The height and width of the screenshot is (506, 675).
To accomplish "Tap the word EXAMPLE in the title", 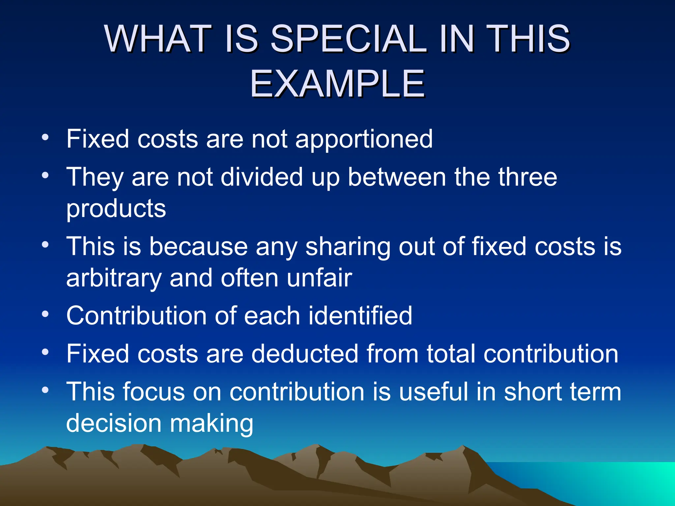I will click(337, 84).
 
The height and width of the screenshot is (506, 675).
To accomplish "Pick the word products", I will click(116, 208).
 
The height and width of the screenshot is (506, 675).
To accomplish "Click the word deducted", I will click(305, 354).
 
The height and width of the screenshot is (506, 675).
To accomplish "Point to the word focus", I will click(154, 392).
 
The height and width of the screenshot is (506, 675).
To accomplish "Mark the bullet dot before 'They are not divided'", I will click(45, 175).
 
